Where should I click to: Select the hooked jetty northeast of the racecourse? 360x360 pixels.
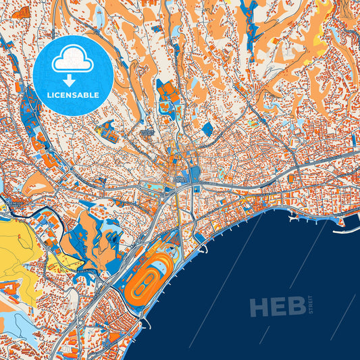[200, 238]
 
